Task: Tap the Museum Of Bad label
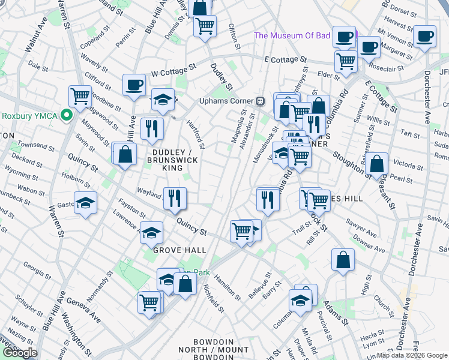[292, 35]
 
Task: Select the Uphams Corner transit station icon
[261, 100]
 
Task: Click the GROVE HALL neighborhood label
[179, 250]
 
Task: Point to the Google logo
[19, 353]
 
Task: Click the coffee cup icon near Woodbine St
[134, 85]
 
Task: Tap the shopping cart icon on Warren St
[80, 95]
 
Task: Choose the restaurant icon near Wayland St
[175, 198]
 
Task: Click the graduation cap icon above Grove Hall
[151, 232]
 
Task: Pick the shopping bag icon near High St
[342, 260]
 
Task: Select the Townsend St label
[23, 146]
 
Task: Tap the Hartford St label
[196, 136]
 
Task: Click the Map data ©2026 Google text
[411, 355]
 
